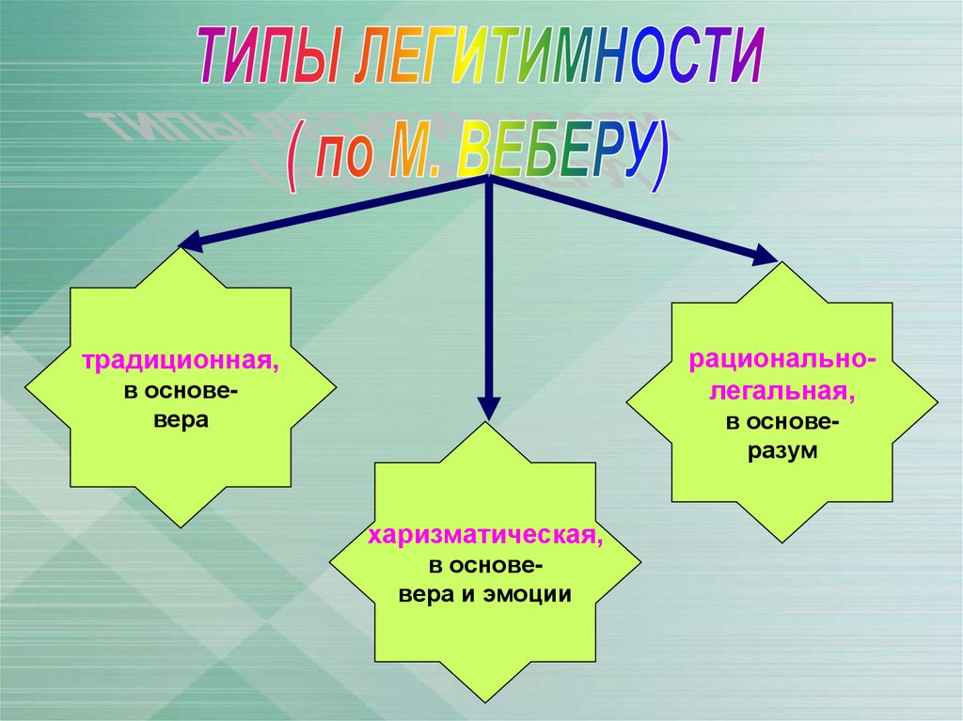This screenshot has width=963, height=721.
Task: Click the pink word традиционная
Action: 180,361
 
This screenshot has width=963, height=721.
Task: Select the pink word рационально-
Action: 782,360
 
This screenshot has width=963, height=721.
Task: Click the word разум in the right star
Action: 782,451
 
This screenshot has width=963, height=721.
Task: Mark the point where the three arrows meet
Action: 488,178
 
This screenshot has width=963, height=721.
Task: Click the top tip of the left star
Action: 180,248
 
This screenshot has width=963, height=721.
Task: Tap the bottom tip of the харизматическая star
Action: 485,703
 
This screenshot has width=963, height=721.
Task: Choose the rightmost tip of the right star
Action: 938,401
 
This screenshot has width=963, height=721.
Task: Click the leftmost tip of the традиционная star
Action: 25,388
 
